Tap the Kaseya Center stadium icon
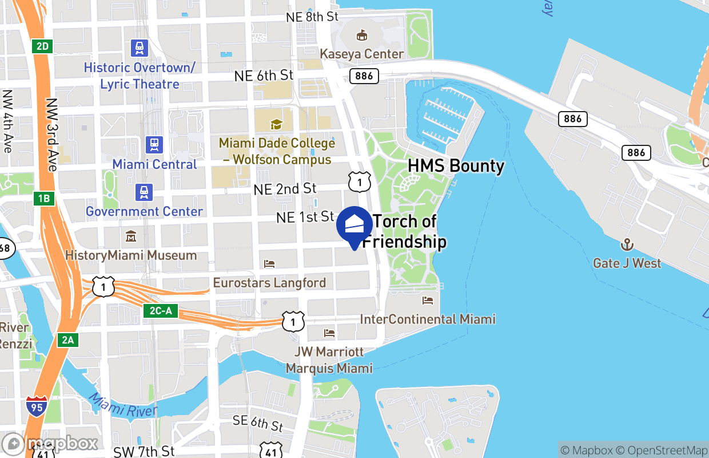tap(361, 36)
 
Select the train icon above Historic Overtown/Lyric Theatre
tap(140, 48)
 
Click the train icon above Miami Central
tap(154, 145)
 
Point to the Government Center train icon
tap(144, 192)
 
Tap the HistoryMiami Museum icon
tap(131, 236)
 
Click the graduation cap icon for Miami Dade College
tap(277, 124)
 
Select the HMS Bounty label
tap(456, 167)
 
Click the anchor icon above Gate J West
tap(627, 244)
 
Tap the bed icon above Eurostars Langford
tap(269, 264)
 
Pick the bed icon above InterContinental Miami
tap(428, 301)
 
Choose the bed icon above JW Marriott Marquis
tap(329, 333)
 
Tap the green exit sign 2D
tap(43, 46)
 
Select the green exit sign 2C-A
tap(161, 311)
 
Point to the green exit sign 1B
tap(44, 199)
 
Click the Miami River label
tap(123, 406)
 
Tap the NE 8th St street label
tap(313, 17)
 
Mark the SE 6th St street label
tap(258, 423)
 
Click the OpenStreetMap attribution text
tap(667, 450)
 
